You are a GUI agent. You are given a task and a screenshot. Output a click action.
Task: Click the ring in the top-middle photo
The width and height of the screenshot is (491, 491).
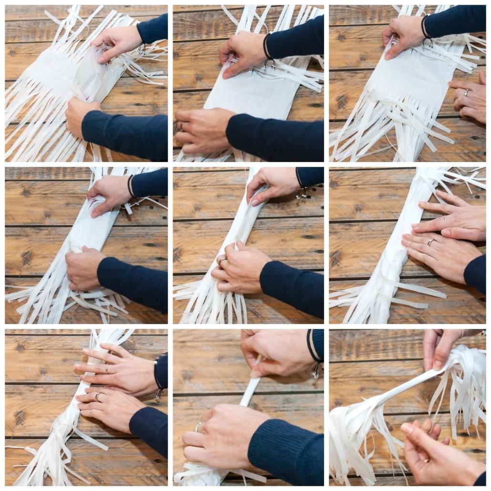tap(182, 126)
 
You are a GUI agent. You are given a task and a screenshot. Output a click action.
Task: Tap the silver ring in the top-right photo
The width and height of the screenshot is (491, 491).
tap(466, 93)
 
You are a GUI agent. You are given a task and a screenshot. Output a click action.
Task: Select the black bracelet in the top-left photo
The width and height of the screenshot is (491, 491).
tap(142, 48)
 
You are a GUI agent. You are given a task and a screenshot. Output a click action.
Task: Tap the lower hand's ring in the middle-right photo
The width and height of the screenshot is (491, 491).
tap(430, 242)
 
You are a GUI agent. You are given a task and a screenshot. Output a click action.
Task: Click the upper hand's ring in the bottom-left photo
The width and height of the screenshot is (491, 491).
tap(107, 368)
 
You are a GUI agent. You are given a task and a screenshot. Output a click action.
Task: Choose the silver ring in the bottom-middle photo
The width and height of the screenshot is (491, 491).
tap(200, 426)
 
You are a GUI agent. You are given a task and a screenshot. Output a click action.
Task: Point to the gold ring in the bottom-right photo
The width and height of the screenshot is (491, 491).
tap(426, 460)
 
